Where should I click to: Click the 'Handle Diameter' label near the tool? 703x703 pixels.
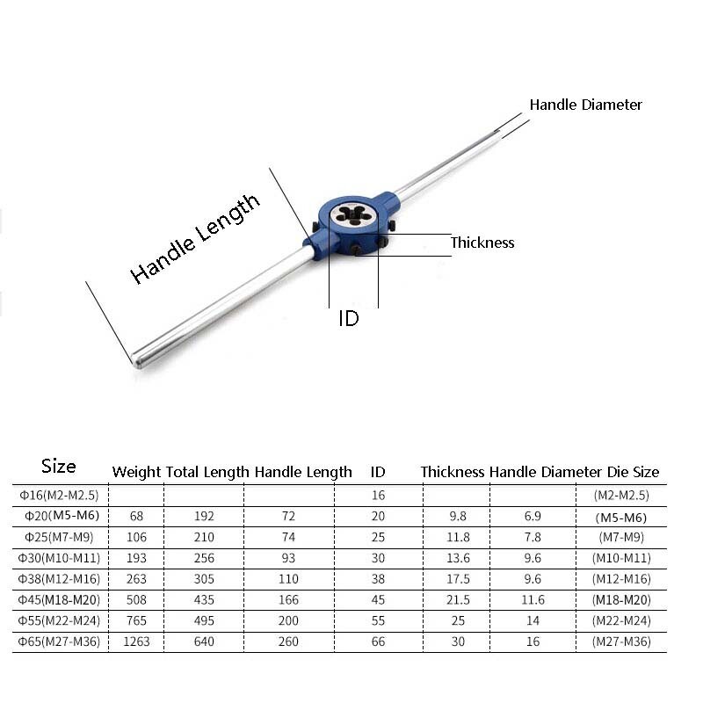(585, 105)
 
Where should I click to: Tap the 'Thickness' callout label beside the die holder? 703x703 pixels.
(482, 243)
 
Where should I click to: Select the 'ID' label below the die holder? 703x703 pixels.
(349, 319)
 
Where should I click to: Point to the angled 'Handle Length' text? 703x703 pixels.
(195, 238)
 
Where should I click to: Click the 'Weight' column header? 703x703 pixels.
(136, 472)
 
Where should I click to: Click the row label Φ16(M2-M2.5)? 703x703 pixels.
(60, 496)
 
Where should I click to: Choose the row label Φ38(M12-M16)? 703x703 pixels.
(60, 579)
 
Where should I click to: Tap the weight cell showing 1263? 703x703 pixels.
(136, 641)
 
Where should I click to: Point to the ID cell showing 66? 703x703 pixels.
(378, 641)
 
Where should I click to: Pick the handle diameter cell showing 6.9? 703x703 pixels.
(533, 517)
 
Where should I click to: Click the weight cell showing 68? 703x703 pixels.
(136, 517)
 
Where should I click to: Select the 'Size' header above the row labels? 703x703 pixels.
(59, 467)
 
